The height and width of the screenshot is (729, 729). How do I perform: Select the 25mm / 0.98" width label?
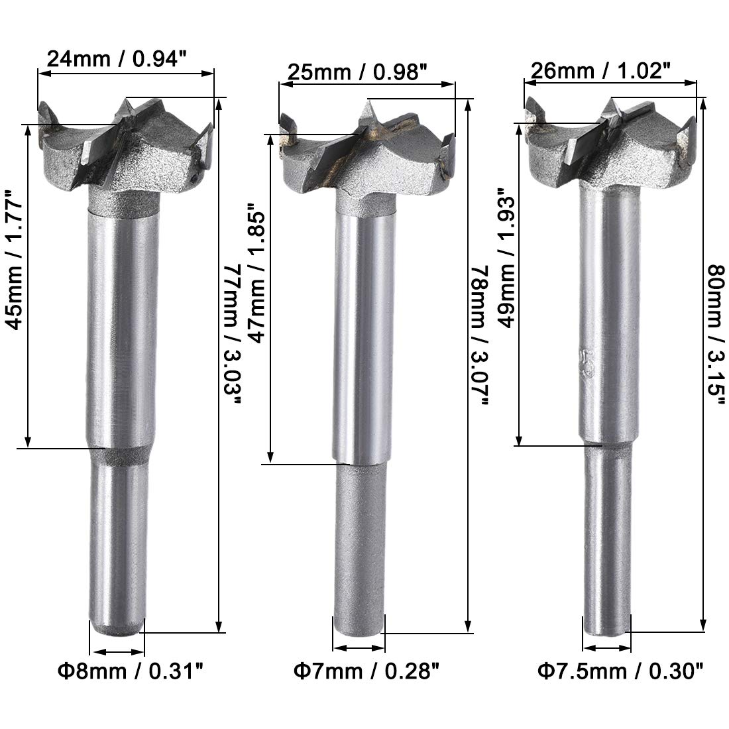click(357, 72)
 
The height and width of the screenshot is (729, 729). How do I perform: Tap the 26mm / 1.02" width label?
click(602, 71)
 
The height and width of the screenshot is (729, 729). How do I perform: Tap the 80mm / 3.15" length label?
click(716, 335)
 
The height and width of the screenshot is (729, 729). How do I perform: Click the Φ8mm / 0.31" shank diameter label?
click(131, 671)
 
